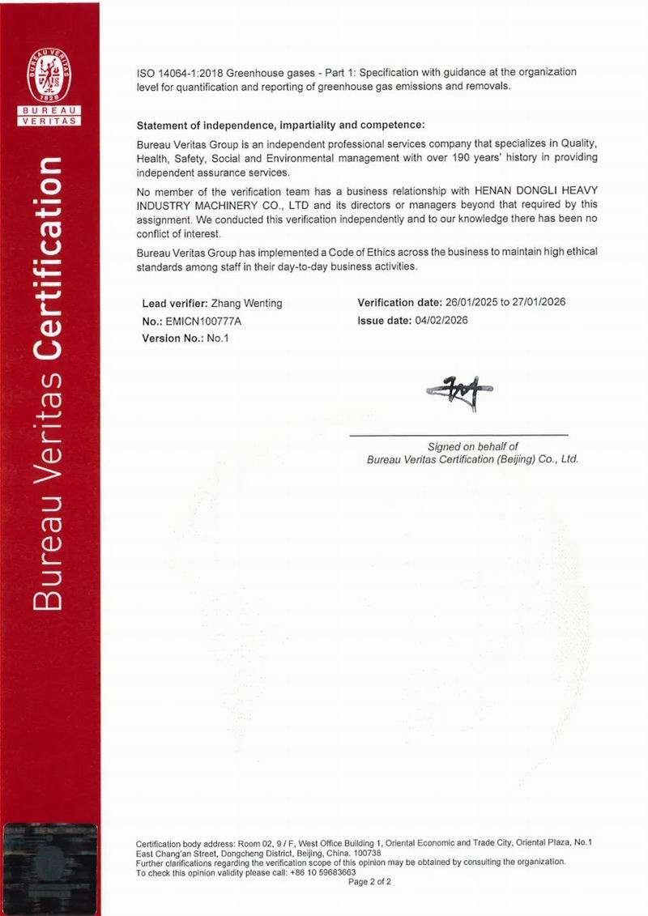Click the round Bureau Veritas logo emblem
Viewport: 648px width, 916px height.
(x=49, y=77)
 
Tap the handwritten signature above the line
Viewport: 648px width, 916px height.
(x=459, y=392)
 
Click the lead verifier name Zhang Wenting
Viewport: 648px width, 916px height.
(x=246, y=304)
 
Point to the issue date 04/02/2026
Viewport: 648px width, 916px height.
(x=441, y=320)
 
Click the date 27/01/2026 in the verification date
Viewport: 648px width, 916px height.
(x=538, y=303)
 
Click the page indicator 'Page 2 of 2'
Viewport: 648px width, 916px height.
(x=369, y=882)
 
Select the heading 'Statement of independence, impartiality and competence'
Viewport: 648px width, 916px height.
(x=280, y=126)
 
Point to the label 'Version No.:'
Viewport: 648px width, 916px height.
(x=172, y=339)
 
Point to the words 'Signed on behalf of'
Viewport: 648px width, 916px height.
(x=472, y=447)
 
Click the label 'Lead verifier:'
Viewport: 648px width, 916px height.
(x=174, y=304)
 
